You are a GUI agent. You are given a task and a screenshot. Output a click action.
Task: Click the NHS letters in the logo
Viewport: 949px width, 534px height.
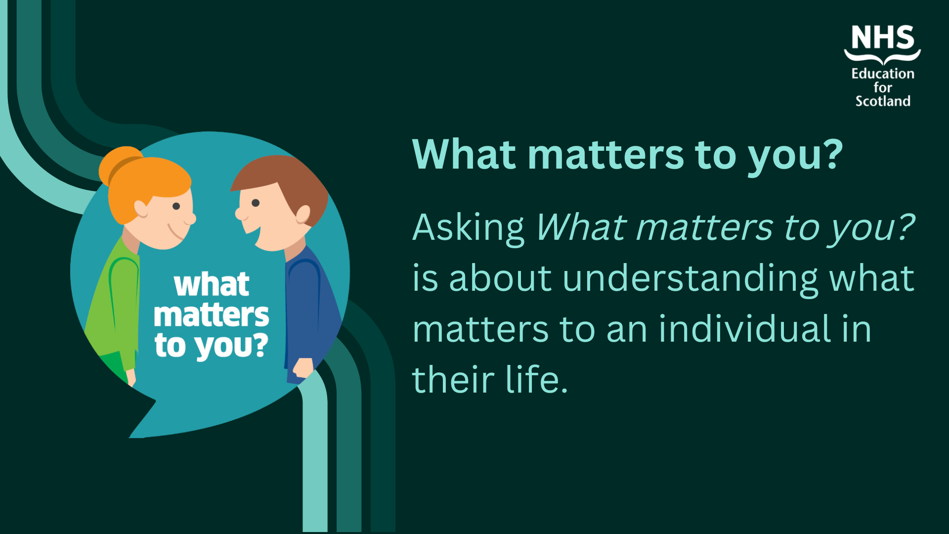click(883, 38)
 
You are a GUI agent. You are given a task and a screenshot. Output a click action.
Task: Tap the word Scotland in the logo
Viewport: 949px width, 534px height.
click(883, 101)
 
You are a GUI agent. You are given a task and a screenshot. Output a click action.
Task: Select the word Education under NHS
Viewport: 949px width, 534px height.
click(883, 74)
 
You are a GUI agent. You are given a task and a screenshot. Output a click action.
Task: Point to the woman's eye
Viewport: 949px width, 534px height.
click(176, 206)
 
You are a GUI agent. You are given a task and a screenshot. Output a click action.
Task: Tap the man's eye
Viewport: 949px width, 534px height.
click(256, 203)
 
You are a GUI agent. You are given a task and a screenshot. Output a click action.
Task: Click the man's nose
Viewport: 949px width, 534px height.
click(240, 214)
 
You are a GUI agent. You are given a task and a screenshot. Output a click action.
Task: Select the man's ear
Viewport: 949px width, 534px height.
click(302, 215)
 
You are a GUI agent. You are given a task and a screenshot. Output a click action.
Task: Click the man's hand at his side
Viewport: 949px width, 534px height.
click(302, 369)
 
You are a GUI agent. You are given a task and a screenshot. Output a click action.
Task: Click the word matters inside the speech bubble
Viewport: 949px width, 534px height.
click(211, 315)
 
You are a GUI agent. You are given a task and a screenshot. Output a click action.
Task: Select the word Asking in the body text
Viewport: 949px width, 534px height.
click(468, 228)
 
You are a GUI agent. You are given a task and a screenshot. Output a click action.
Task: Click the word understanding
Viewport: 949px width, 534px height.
click(690, 279)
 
